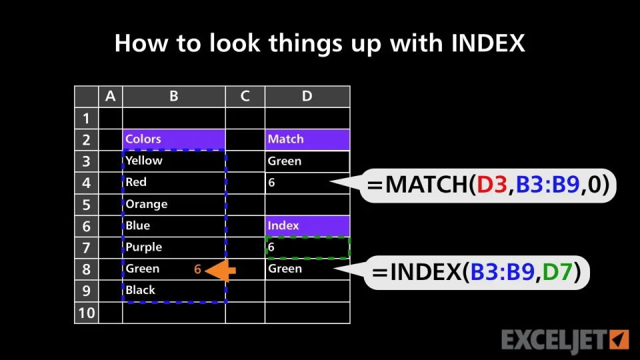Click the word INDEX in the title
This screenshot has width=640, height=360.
pyautogui.click(x=488, y=43)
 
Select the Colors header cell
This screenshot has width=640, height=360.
pyautogui.click(x=174, y=139)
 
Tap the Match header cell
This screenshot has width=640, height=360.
pyautogui.click(x=307, y=139)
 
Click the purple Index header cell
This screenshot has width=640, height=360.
pyautogui.click(x=307, y=226)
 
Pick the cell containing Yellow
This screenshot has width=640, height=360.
pyautogui.click(x=174, y=161)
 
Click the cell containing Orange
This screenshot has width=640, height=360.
pyautogui.click(x=174, y=204)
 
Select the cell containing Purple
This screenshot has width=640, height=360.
pyautogui.click(x=174, y=247)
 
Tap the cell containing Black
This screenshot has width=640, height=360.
pyautogui.click(x=174, y=290)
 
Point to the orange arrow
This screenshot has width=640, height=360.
pyautogui.click(x=221, y=270)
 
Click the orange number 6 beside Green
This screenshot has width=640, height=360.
pyautogui.click(x=197, y=269)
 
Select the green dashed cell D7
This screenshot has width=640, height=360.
pyautogui.click(x=307, y=247)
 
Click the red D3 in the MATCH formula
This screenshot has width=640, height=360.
pyautogui.click(x=492, y=185)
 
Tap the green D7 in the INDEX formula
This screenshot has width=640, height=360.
pyautogui.click(x=557, y=272)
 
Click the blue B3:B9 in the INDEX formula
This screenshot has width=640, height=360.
pyautogui.click(x=503, y=272)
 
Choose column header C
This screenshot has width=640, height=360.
pyautogui.click(x=245, y=96)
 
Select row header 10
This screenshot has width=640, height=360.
pyautogui.click(x=87, y=313)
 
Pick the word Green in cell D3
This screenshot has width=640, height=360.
pyautogui.click(x=285, y=161)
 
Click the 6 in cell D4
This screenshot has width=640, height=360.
pyautogui.click(x=271, y=183)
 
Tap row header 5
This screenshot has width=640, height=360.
pyautogui.click(x=87, y=205)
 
